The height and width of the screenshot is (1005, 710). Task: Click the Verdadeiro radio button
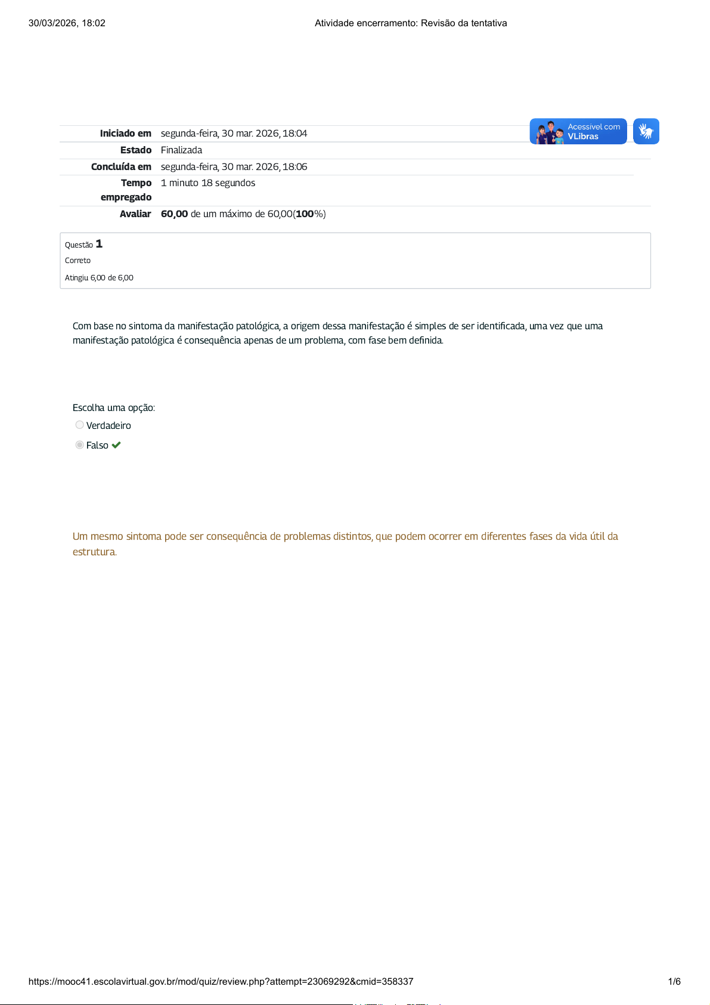[79, 425]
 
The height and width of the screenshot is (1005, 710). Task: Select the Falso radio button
[79, 445]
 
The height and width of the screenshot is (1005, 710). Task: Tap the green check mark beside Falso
[116, 445]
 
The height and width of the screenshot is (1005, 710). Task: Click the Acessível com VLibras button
[578, 132]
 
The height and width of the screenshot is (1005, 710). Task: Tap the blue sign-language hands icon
[646, 131]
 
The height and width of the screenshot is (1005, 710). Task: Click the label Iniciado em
[125, 134]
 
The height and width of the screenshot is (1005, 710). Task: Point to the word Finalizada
[181, 150]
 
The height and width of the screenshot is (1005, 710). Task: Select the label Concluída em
[121, 167]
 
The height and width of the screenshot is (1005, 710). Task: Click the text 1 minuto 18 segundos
[208, 183]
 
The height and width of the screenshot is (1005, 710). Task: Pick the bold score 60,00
[174, 214]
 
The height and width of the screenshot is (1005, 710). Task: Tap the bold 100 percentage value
[305, 214]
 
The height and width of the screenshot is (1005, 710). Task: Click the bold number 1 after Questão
[99, 244]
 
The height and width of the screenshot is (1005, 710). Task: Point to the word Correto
[77, 261]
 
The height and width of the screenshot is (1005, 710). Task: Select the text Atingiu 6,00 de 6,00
[99, 278]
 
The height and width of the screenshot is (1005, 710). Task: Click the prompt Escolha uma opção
[113, 408]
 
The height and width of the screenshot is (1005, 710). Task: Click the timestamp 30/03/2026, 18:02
[67, 23]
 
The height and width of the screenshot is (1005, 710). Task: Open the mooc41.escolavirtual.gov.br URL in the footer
[221, 982]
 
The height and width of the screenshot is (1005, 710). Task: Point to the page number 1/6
[674, 982]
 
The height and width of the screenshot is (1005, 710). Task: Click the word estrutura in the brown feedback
[94, 552]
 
